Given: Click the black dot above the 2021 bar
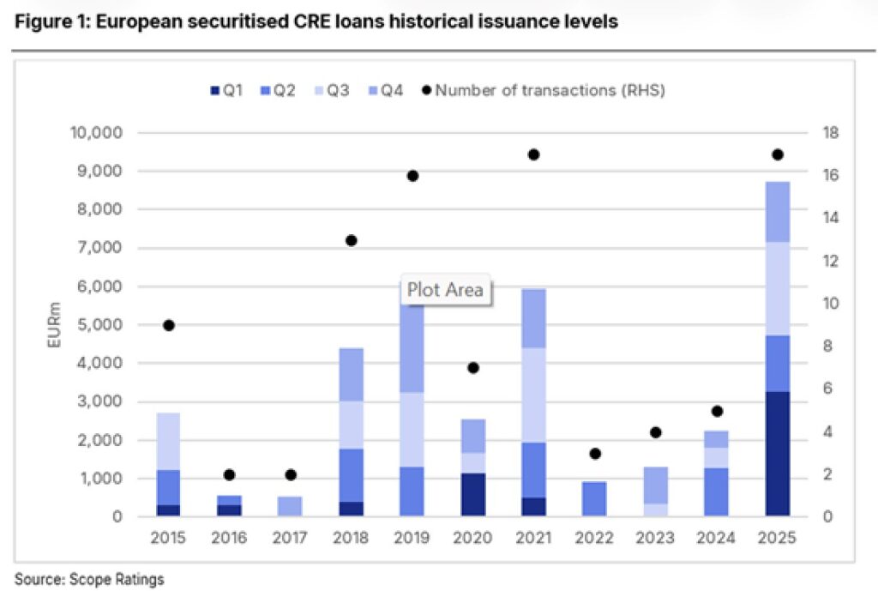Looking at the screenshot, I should click(x=533, y=154).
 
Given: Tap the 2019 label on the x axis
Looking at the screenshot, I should click(x=412, y=538).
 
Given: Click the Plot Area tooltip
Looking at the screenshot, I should click(x=444, y=290).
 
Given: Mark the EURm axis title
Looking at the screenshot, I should click(x=54, y=324).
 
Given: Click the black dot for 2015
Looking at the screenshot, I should click(x=169, y=325).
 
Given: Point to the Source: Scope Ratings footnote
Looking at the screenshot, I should click(x=89, y=579).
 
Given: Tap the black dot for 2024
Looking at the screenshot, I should click(x=717, y=411).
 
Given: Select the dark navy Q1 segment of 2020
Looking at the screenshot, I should click(x=472, y=494).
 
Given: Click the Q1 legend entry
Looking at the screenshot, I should click(x=228, y=89).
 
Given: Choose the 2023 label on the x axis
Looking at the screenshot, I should click(x=655, y=538).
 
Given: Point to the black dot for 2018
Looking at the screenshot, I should click(x=351, y=240).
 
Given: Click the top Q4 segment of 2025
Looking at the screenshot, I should click(x=778, y=212).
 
